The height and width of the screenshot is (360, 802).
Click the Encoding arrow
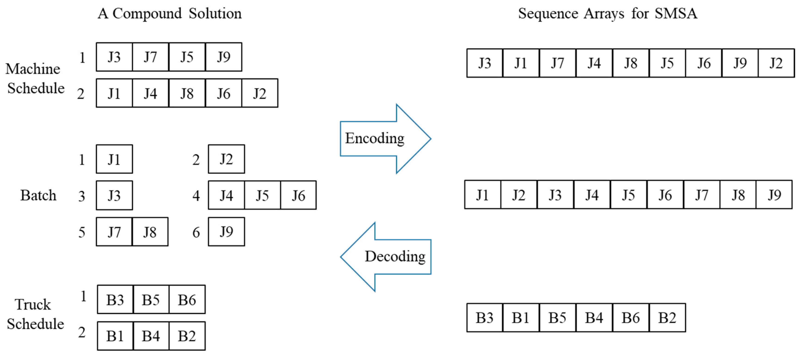click(383, 138)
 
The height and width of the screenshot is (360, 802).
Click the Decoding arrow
click(389, 257)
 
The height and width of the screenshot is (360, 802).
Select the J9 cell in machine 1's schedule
click(224, 57)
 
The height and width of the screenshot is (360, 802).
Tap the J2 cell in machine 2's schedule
click(260, 93)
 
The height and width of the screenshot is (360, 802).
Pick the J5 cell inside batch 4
click(262, 195)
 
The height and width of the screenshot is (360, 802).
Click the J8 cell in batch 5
click(150, 232)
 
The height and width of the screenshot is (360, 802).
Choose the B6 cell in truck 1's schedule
click(187, 300)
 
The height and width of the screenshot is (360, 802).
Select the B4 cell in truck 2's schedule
click(151, 336)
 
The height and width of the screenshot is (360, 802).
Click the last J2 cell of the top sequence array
click(776, 63)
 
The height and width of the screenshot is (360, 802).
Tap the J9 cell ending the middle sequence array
click(774, 195)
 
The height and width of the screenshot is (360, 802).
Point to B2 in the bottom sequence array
click(667, 318)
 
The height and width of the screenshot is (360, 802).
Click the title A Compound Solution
click(169, 13)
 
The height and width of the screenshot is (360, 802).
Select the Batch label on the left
click(38, 195)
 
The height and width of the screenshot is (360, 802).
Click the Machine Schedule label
click(35, 78)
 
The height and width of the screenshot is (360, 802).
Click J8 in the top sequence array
click(630, 63)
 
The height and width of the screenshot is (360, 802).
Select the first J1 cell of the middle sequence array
click(482, 195)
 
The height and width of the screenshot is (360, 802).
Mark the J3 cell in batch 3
click(114, 195)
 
